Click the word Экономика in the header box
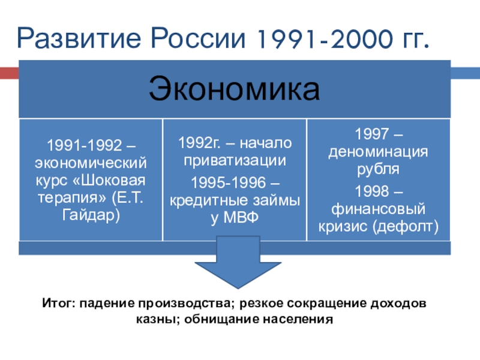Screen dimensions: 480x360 point(234,89)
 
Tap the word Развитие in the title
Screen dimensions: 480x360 point(79,38)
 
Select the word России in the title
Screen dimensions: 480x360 point(198,38)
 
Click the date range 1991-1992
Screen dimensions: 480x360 point(85,145)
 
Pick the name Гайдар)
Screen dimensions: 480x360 point(91,215)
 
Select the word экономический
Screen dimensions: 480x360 point(91,163)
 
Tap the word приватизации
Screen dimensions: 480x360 point(235,161)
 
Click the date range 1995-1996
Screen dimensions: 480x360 point(229,183)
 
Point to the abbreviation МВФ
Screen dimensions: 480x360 point(241,218)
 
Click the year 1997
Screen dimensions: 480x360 point(371,134)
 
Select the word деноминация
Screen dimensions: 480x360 point(378,152)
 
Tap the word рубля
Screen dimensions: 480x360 point(378,169)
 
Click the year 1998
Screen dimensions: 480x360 point(371,191)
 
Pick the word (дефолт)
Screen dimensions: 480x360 point(406,227)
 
